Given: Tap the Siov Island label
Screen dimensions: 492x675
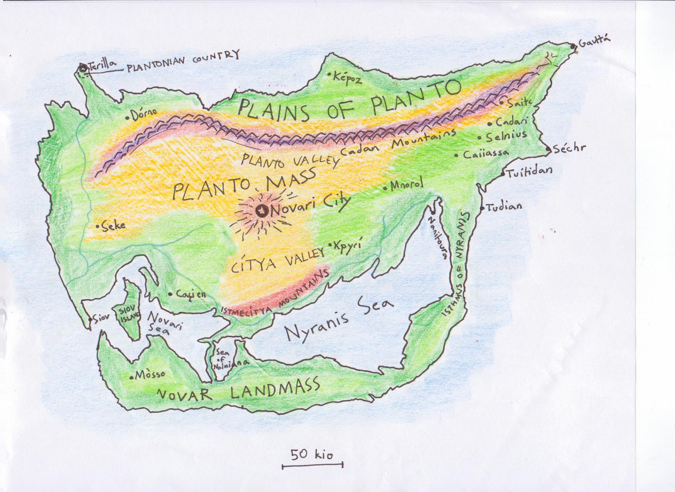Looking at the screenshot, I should [127, 315].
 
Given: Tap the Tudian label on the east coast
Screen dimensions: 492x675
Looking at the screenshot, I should [504, 207].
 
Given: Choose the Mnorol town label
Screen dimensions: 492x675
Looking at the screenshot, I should [407, 185].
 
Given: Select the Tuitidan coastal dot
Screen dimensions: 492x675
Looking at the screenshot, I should [503, 174].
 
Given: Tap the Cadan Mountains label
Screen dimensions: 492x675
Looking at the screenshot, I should [397, 144].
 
